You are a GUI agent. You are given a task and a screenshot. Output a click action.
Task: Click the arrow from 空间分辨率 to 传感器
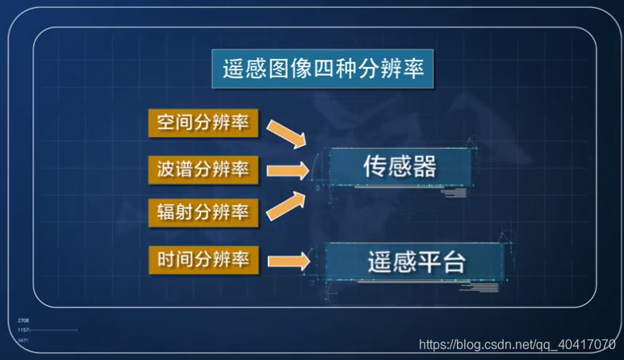click(287, 133)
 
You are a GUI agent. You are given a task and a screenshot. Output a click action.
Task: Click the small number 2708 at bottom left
click(23, 321)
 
